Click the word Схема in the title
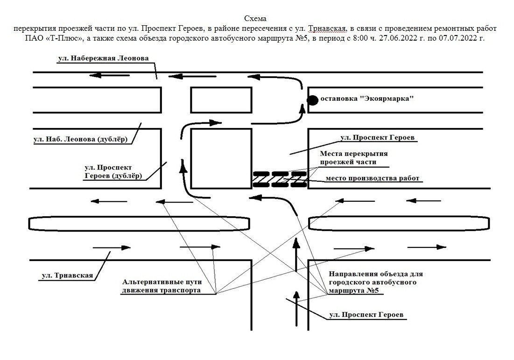(x=255, y=19)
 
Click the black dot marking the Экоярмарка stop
(x=312, y=99)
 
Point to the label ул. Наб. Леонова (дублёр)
(x=80, y=139)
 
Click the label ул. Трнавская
(x=67, y=275)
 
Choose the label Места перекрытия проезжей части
(x=354, y=157)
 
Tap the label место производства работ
(x=373, y=178)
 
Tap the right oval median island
(x=399, y=224)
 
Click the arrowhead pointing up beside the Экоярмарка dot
(x=303, y=109)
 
